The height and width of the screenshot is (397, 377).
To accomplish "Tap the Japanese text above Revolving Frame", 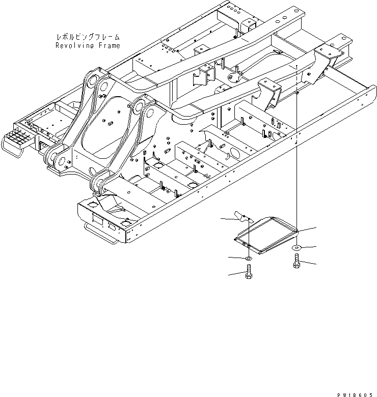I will [x=89, y=37].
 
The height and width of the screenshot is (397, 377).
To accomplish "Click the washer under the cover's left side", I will [x=248, y=260].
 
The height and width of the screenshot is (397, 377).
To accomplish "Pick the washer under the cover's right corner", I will [x=296, y=248].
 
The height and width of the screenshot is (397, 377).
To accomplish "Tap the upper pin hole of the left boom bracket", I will [x=91, y=79].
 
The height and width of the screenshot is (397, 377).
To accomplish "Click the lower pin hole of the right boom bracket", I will [x=97, y=182].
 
